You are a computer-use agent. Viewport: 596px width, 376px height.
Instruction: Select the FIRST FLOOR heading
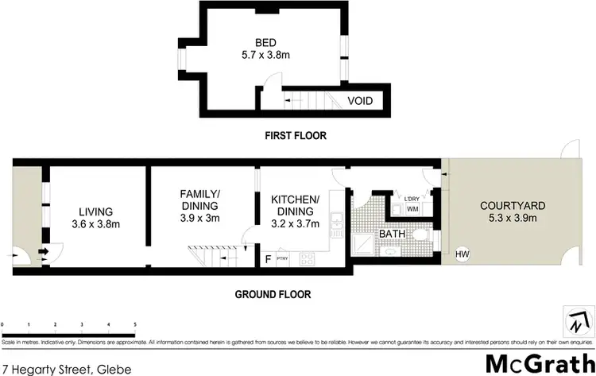[x=296, y=136]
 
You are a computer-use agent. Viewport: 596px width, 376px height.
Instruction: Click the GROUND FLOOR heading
[x=273, y=294]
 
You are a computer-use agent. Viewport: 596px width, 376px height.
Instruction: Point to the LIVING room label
[x=95, y=211]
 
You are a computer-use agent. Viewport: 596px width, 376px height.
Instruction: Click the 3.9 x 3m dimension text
[x=199, y=218]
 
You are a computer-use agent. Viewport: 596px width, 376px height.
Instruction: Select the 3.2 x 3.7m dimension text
[x=295, y=223]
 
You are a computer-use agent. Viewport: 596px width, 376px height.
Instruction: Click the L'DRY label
[x=412, y=199]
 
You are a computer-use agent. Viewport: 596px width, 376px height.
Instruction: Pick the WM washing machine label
[x=412, y=209]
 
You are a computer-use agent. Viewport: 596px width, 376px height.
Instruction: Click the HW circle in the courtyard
[x=462, y=255]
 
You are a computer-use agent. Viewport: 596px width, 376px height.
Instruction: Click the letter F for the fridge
[x=268, y=258]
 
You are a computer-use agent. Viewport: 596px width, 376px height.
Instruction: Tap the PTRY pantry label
[x=282, y=258]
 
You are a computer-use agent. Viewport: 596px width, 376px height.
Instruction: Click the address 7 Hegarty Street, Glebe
[x=61, y=369]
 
